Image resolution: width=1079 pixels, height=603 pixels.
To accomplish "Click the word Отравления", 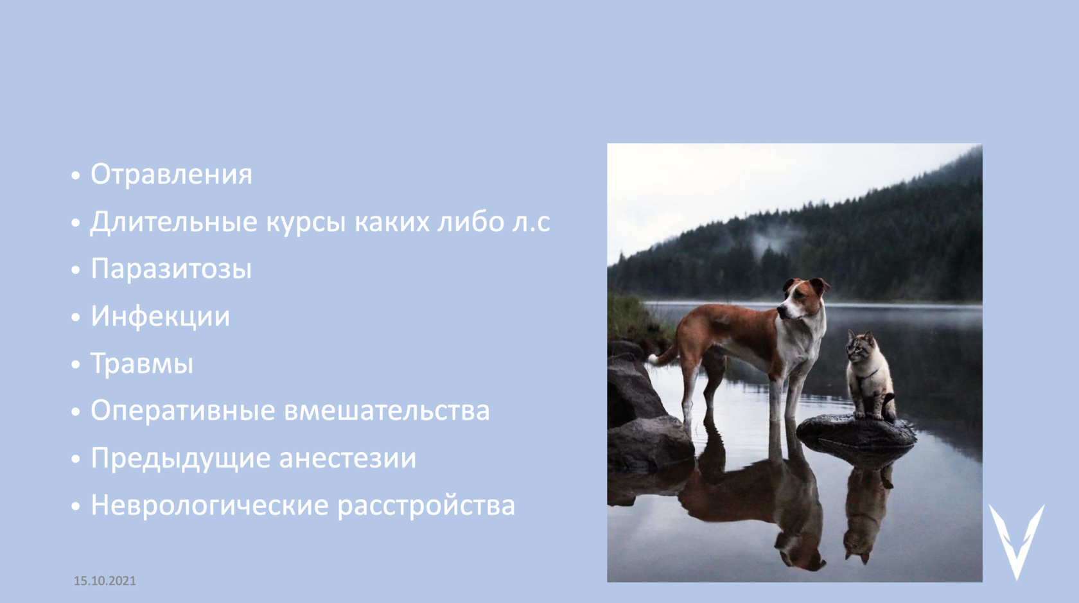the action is tap(171, 174).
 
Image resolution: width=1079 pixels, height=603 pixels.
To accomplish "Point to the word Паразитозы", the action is tap(171, 268).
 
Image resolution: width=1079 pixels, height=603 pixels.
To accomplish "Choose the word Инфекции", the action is tap(161, 317).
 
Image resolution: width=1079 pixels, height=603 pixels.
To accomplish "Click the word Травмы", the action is tap(142, 363).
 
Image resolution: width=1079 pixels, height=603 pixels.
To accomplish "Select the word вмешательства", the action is tap(387, 411).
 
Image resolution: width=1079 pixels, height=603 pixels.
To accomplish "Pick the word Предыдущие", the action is tap(180, 458).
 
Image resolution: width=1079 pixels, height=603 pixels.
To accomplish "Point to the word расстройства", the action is tap(426, 506).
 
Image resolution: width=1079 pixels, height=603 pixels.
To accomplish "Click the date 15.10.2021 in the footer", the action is tap(105, 581).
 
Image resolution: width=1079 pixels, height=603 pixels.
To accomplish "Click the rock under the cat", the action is tap(857, 432).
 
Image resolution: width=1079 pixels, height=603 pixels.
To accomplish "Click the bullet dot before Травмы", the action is tap(76, 365).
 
